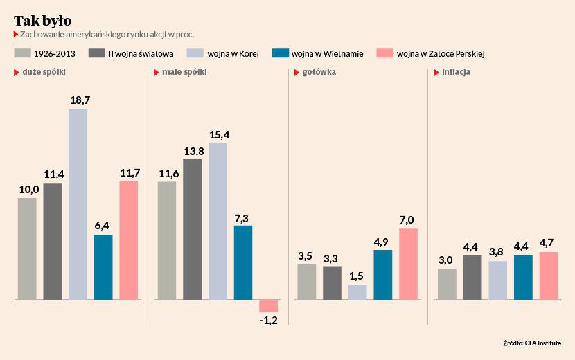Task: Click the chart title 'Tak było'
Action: [x=42, y=20]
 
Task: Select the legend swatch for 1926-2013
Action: [x=22, y=53]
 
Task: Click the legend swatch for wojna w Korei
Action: [x=194, y=53]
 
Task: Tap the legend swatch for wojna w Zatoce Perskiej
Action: [x=384, y=53]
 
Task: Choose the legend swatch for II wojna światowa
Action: [x=97, y=53]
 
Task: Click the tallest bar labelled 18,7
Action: [x=78, y=204]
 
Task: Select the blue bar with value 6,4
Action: [x=103, y=267]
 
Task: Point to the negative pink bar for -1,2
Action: [x=268, y=306]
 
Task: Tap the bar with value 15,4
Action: [x=218, y=221]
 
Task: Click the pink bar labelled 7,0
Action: [x=408, y=264]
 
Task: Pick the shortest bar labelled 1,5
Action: [x=357, y=292]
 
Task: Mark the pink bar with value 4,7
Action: [x=548, y=276]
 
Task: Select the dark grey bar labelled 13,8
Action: [x=192, y=229]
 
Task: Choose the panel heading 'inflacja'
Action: [x=456, y=72]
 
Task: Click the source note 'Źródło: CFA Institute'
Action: [x=532, y=343]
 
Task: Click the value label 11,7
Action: [x=130, y=172]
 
